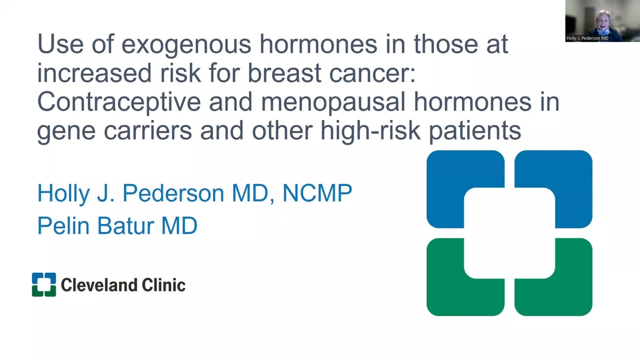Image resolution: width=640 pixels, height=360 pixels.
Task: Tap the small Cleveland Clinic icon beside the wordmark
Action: pyautogui.click(x=44, y=285)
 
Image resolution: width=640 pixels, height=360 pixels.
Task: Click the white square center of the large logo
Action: pyautogui.click(x=509, y=233)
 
